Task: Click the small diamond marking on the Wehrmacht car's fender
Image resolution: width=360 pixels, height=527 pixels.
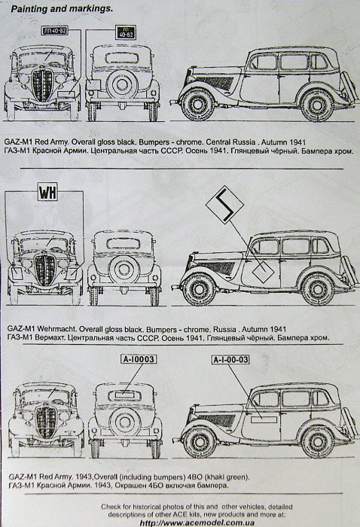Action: click(x=263, y=274)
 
